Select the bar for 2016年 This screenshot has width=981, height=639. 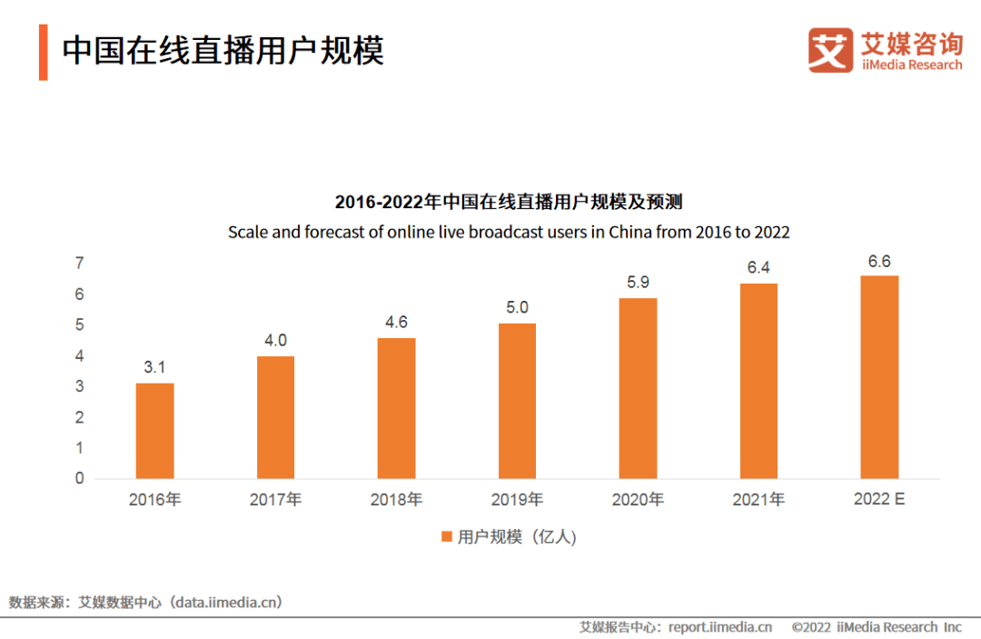tap(154, 431)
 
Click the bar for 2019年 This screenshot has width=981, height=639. tap(517, 401)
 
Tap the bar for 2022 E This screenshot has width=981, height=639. tap(879, 377)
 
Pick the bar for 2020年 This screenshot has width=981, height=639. tap(638, 388)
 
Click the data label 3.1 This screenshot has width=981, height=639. tap(154, 367)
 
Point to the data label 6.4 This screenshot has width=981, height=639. tap(758, 267)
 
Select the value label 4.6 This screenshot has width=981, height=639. tap(396, 322)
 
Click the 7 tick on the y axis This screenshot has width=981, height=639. tap(80, 264)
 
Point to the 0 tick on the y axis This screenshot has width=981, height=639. tap(80, 478)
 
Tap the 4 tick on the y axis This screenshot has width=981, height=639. tap(80, 356)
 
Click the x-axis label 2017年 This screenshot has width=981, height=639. tap(275, 500)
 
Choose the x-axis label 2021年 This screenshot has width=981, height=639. tap(758, 500)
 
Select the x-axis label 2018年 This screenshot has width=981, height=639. tap(396, 500)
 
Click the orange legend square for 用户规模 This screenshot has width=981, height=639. tap(446, 537)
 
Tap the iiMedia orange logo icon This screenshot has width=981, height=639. tap(830, 51)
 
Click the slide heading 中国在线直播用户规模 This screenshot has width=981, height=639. tap(223, 51)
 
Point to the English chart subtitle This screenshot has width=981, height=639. tap(509, 232)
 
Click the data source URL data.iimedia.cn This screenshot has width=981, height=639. tap(228, 602)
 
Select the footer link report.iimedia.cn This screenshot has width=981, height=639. tap(720, 627)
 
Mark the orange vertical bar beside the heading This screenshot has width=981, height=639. tap(43, 53)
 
